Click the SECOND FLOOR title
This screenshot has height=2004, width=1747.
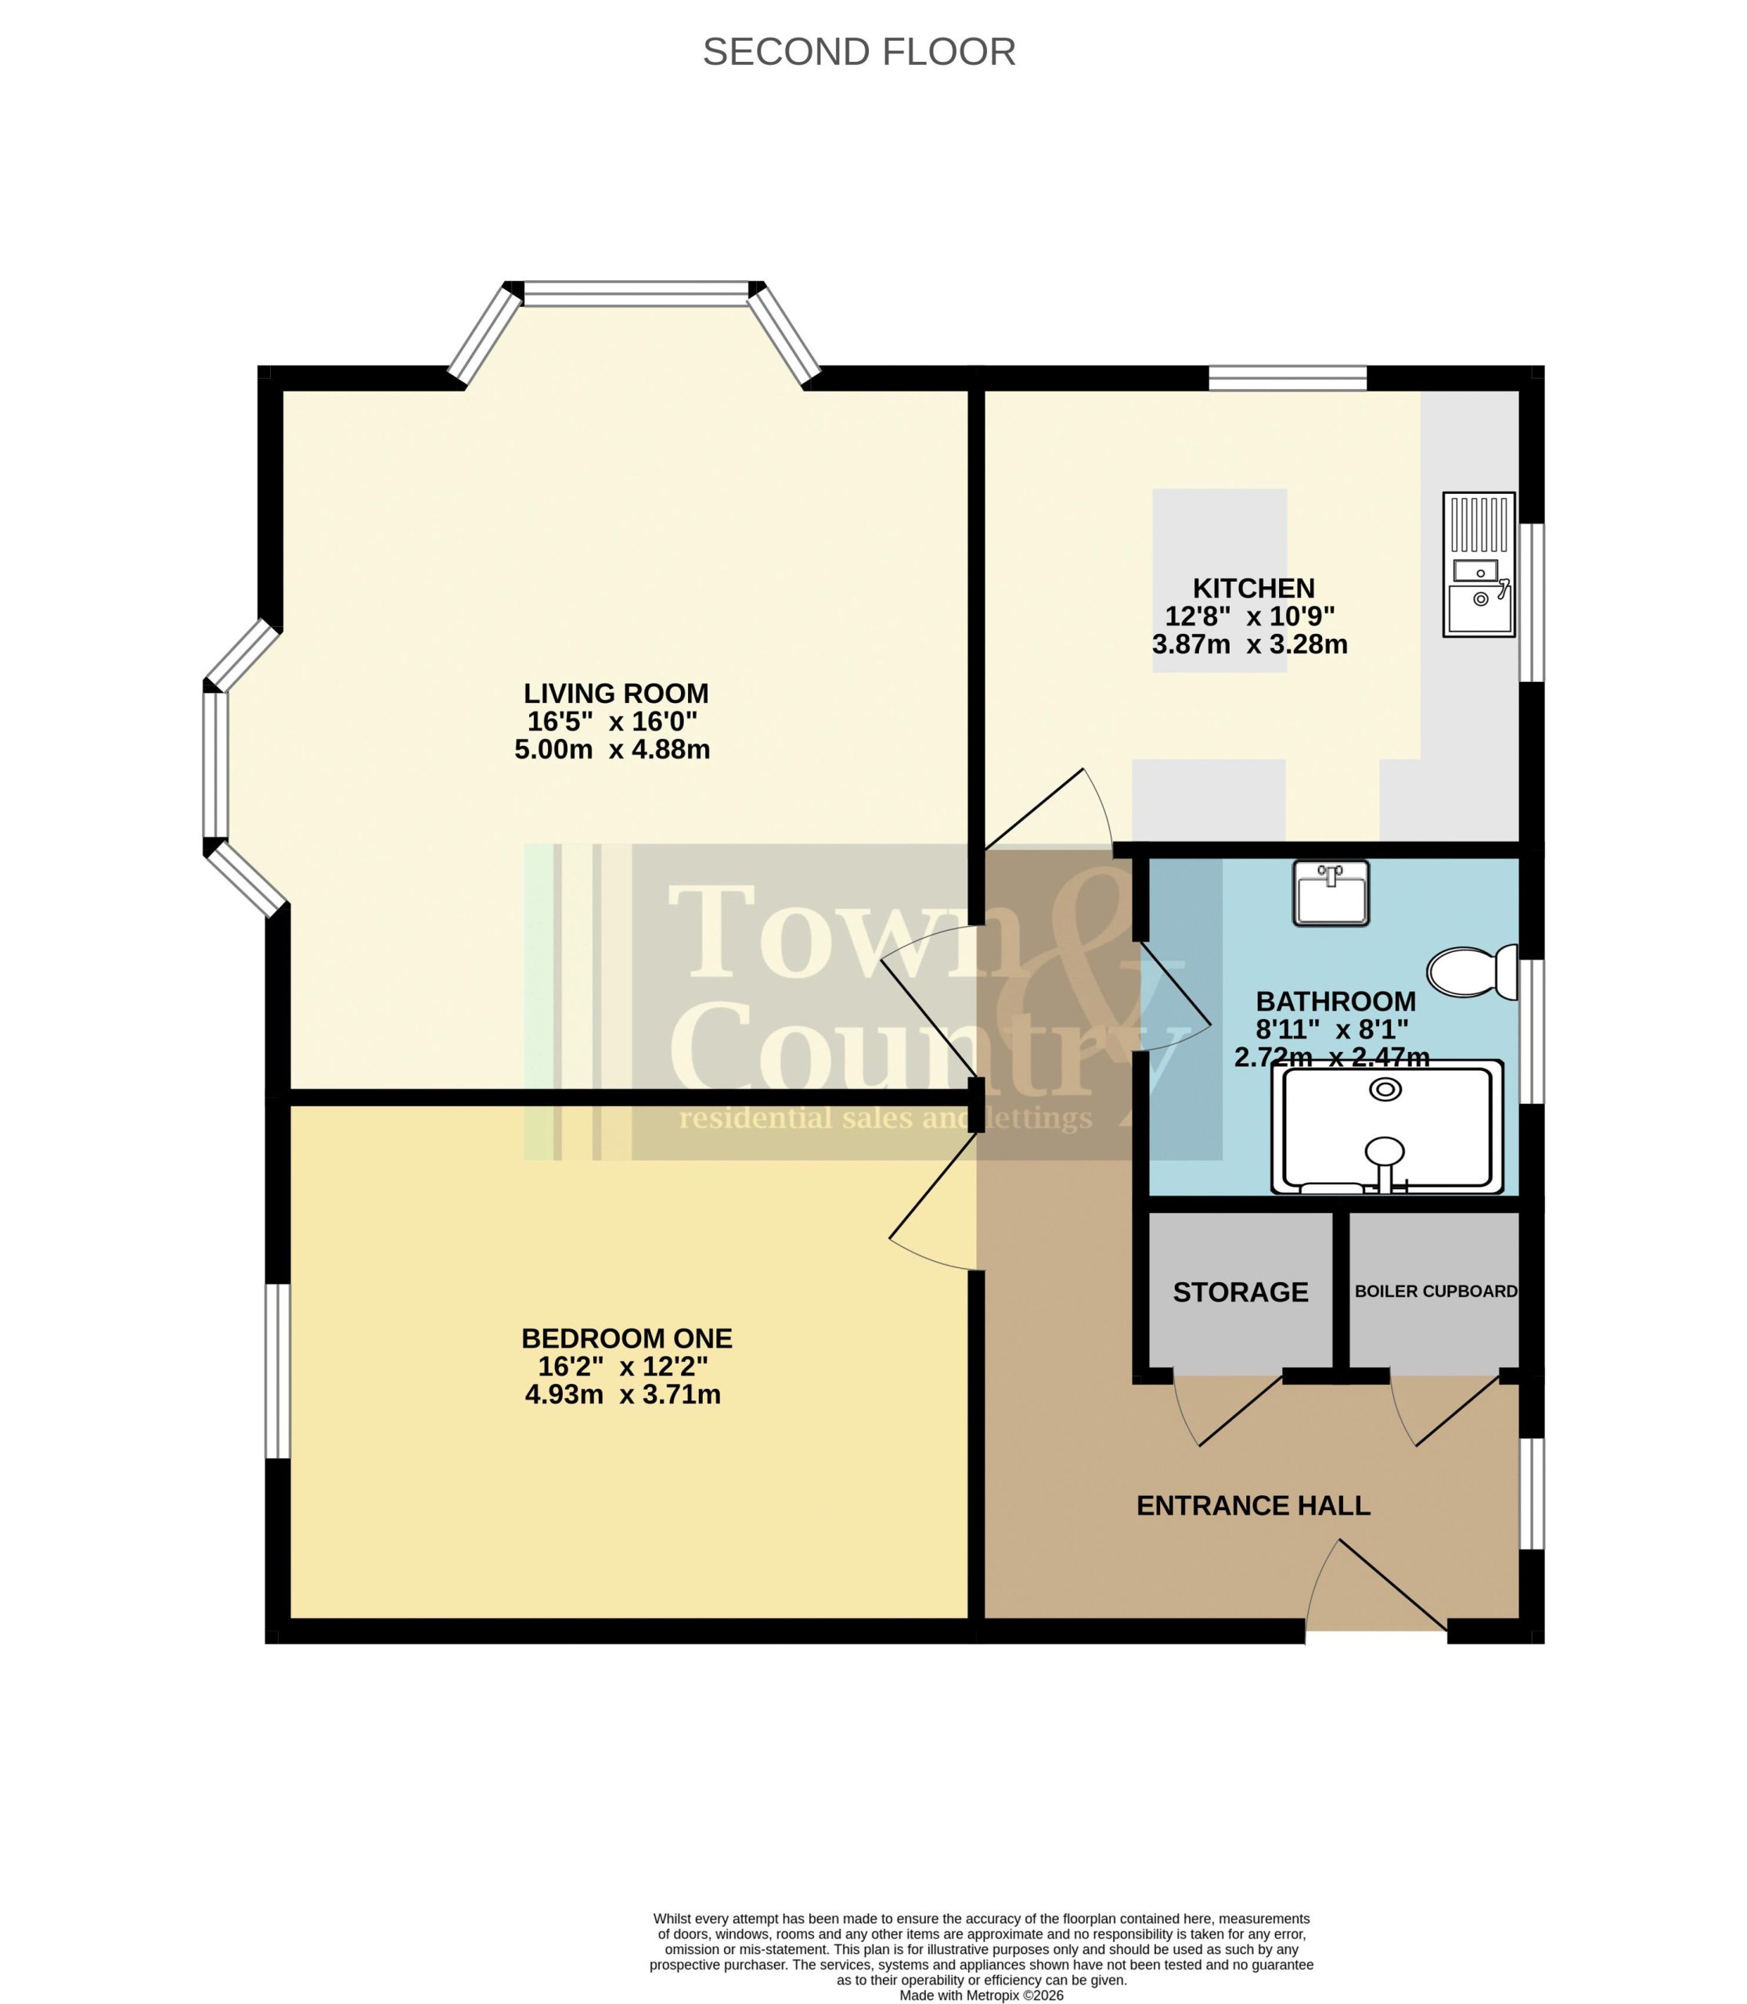click(x=859, y=52)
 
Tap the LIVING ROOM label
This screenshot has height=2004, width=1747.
click(x=616, y=694)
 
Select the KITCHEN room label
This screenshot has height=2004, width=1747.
click(x=1254, y=588)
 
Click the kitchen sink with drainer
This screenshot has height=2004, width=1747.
click(x=1479, y=564)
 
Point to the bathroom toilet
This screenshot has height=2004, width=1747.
click(x=1472, y=971)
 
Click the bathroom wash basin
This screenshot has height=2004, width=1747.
click(x=1331, y=892)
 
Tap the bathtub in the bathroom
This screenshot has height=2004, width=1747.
click(x=1386, y=1126)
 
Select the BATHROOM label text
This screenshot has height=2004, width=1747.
click(x=1335, y=1001)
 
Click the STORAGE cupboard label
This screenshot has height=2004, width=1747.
click(x=1240, y=1292)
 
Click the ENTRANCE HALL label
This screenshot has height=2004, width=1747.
click(x=1254, y=1505)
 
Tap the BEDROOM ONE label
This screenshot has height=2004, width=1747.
click(x=627, y=1338)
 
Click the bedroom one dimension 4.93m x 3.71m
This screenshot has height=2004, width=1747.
click(x=623, y=1394)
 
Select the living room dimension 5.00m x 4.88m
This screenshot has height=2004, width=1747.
click(x=612, y=750)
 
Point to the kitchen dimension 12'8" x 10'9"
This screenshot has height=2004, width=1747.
click(x=1250, y=616)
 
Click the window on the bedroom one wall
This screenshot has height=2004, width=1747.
click(x=278, y=1371)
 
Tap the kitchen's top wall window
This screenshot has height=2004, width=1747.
click(x=1288, y=378)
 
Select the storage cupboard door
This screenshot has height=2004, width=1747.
click(x=1228, y=1410)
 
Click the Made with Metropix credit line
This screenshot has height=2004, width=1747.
click(x=982, y=1996)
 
